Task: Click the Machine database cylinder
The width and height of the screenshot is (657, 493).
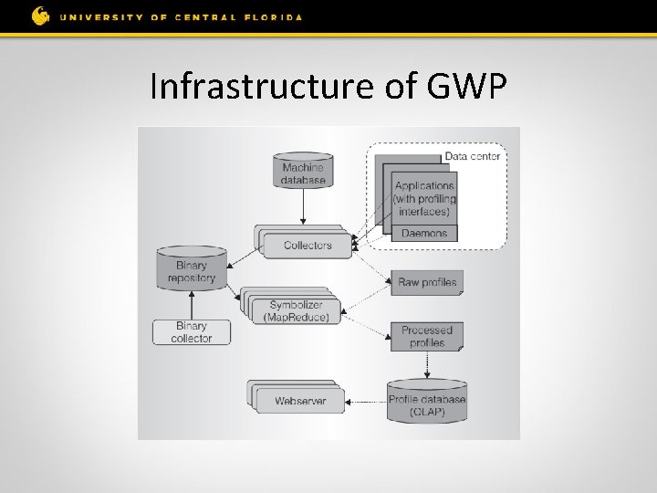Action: click(303, 173)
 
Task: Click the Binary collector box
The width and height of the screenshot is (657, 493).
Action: click(192, 331)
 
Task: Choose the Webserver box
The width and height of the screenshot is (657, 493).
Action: click(300, 401)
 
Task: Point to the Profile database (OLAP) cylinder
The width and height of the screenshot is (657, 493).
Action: click(427, 404)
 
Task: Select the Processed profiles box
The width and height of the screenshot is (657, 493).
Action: click(427, 336)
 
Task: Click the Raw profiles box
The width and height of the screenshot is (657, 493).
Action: click(427, 282)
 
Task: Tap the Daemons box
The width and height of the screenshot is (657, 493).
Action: click(425, 234)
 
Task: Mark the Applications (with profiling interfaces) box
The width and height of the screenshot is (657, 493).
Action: click(425, 198)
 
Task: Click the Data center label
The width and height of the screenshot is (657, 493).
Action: click(472, 156)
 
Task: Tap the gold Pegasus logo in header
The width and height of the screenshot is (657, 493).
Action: click(40, 16)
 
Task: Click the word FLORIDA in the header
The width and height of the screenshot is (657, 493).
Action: click(272, 16)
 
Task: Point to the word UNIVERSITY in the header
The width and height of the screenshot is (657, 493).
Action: click(99, 16)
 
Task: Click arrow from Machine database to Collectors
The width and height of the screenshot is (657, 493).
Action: click(303, 207)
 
